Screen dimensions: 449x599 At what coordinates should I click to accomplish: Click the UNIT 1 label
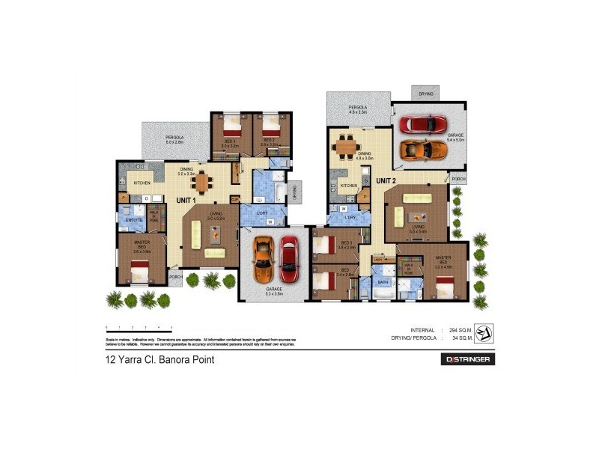point(186,200)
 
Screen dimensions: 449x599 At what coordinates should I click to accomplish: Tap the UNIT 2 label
point(386,180)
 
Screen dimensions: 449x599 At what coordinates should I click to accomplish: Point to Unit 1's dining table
point(201,180)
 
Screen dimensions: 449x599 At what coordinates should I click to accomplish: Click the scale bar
point(139,328)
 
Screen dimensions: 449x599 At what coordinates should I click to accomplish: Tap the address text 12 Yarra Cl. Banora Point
point(159,360)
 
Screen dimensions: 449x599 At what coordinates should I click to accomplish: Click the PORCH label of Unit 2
point(458,179)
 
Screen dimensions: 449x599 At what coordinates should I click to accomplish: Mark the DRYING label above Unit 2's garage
point(425,94)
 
